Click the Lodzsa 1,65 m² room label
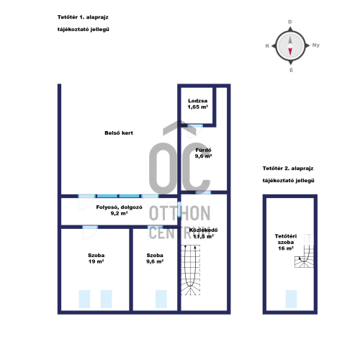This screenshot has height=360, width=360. pyautogui.click(x=198, y=104)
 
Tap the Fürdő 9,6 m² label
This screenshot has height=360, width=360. pyautogui.click(x=203, y=153)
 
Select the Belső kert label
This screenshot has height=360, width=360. pyautogui.click(x=119, y=133)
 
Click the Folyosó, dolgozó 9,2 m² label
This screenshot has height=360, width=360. pyautogui.click(x=119, y=210)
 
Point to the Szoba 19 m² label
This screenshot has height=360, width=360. pyautogui.click(x=96, y=258)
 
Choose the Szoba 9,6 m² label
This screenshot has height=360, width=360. pyautogui.click(x=155, y=258)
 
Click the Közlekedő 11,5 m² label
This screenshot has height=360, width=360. pyautogui.click(x=203, y=233)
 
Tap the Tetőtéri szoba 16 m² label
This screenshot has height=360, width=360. pyautogui.click(x=286, y=242)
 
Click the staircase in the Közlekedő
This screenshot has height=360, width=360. pyautogui.click(x=191, y=270)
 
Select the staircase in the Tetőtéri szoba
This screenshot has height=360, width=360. pyautogui.click(x=305, y=251)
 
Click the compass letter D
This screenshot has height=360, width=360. pyautogui.click(x=290, y=22)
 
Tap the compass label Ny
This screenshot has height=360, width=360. pyautogui.click(x=316, y=45)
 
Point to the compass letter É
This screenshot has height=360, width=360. pyautogui.click(x=291, y=70)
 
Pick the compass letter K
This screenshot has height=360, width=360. pyautogui.click(x=267, y=46)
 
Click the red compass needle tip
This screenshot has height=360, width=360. pyautogui.click(x=290, y=55)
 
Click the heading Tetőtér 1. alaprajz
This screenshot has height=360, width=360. pyautogui.click(x=83, y=17)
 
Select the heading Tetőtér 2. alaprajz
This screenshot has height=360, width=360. pyautogui.click(x=288, y=168)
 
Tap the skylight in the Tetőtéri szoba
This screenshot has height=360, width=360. pyautogui.click(x=291, y=299)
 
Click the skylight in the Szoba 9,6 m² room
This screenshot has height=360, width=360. pyautogui.click(x=161, y=299)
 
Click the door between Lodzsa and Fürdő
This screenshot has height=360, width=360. pyautogui.click(x=195, y=126)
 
